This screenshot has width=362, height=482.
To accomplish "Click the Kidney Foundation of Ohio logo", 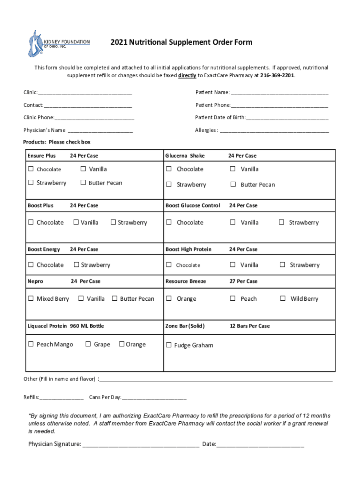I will click(x=58, y=43).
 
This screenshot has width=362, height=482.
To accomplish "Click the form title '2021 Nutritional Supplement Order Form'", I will click(x=181, y=42).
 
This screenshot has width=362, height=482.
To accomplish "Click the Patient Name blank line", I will click(x=279, y=93).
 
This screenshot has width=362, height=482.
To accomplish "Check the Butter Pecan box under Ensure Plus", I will click(x=83, y=183).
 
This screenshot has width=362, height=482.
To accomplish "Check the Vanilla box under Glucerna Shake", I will click(x=233, y=169).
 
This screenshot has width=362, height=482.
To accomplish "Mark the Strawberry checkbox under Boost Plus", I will click(x=113, y=222).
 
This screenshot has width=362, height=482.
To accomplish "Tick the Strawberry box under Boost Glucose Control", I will click(x=283, y=222).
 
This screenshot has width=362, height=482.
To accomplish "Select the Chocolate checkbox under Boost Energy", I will click(x=31, y=265).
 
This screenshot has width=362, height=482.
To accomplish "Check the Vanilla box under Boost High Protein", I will click(x=233, y=265).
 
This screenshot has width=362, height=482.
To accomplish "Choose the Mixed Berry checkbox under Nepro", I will click(x=31, y=298).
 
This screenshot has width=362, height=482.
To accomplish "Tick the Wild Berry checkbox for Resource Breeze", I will click(x=283, y=298).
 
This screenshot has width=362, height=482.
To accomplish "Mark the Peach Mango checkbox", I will click(x=31, y=344).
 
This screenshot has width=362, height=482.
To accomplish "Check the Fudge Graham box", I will click(x=169, y=345).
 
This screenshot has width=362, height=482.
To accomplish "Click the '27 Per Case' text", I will click(x=244, y=281).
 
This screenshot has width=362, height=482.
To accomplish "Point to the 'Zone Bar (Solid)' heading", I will click(x=185, y=326).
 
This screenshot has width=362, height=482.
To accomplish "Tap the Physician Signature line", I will click(x=141, y=444).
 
